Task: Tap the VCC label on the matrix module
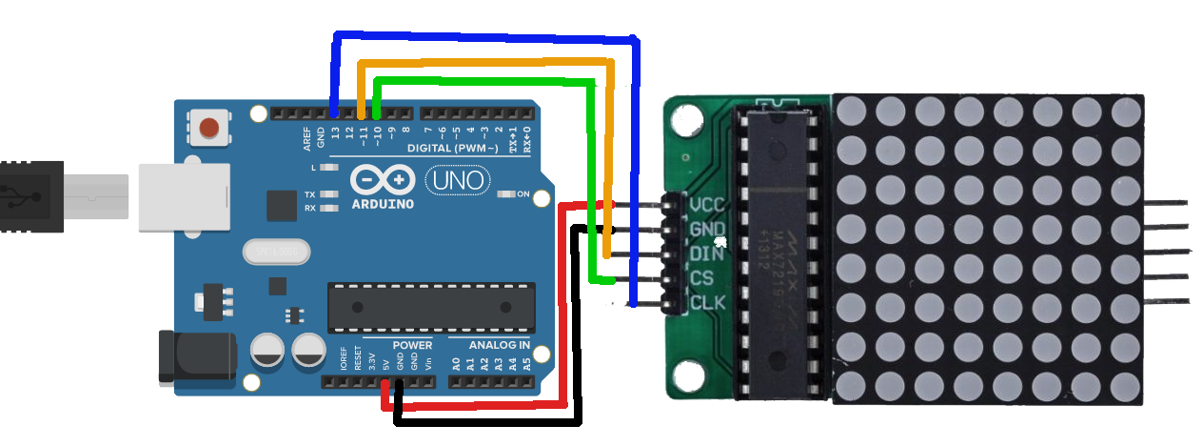tap(707, 204)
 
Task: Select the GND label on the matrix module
tap(707, 229)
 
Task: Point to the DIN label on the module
tap(706, 253)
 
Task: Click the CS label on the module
tap(701, 278)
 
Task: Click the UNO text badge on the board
tap(457, 179)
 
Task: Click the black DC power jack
tap(196, 355)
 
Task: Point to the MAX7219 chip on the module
tap(779, 248)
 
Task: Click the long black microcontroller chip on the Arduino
tap(427, 307)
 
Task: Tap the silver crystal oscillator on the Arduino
tap(276, 252)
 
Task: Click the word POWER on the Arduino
tap(412, 345)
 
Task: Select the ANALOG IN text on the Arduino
tap(500, 345)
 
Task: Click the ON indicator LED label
tap(523, 193)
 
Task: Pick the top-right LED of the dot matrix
tap(1125, 111)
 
